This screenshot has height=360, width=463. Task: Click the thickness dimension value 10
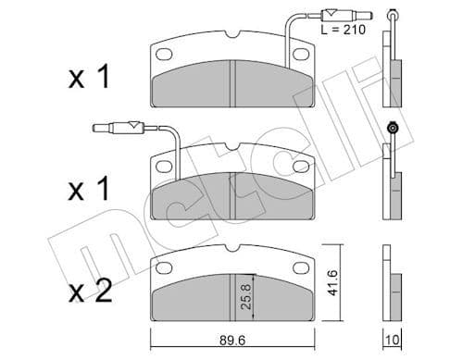click(393, 340)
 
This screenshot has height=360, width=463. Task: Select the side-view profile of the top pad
click(393, 79)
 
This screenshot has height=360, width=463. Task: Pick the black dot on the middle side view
click(393, 127)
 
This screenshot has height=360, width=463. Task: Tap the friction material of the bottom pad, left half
click(190, 296)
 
